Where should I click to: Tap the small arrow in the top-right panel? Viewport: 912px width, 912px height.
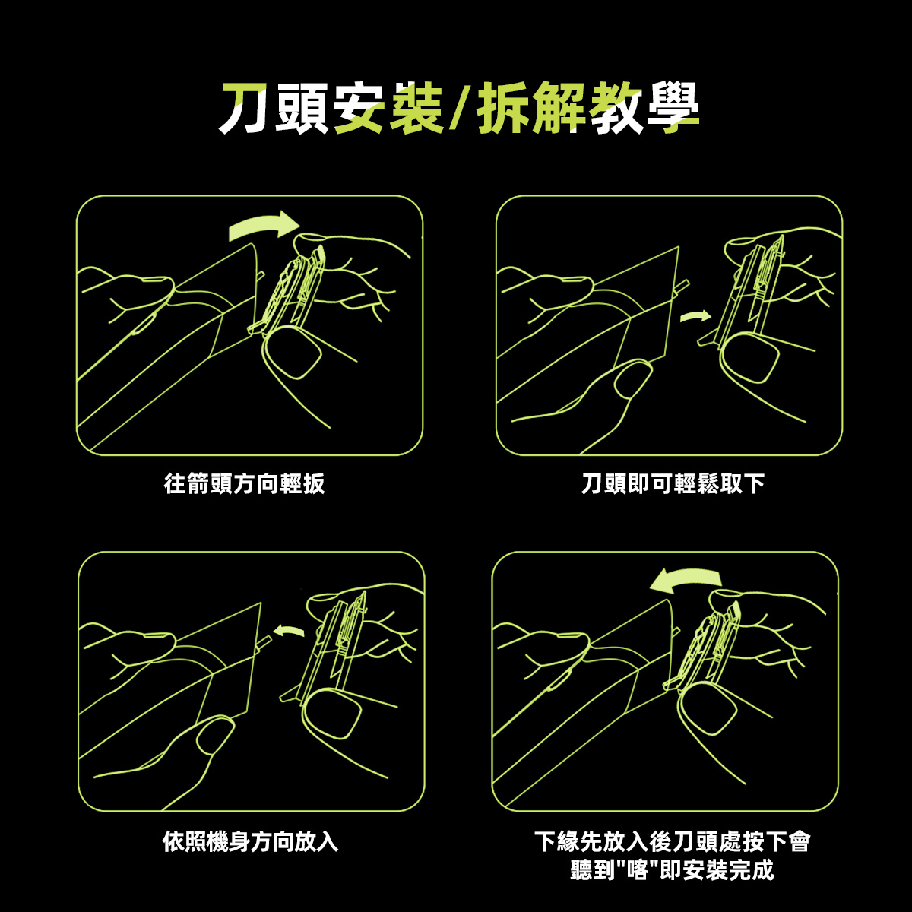tap(695, 315)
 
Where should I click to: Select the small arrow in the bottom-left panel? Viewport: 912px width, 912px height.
tap(289, 630)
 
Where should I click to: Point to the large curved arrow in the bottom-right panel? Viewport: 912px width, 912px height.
tap(686, 580)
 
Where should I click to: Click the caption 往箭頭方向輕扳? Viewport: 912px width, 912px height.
tap(244, 483)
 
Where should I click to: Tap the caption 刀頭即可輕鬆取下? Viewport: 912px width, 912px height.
tap(673, 483)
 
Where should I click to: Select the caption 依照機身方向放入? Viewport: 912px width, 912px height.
tap(250, 841)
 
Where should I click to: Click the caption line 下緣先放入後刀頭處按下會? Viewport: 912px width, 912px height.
tap(673, 842)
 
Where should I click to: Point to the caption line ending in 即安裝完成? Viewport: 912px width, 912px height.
tap(672, 869)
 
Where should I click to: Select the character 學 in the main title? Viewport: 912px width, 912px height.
tap(673, 108)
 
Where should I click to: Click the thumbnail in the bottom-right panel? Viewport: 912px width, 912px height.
tap(707, 710)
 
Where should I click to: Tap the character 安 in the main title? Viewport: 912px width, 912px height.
tap(359, 108)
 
